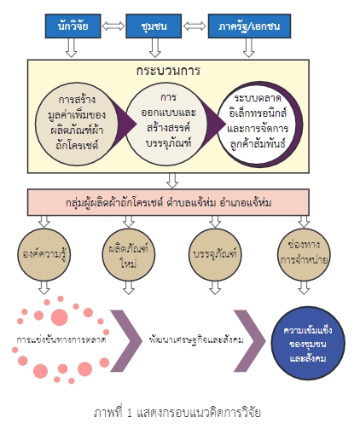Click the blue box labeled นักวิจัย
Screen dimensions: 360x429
pos(73,26)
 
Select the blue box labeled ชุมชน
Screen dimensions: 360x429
pos(154,26)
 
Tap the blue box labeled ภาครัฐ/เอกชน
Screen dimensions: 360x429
pos(249,26)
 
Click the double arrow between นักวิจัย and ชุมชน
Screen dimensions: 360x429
pos(113,26)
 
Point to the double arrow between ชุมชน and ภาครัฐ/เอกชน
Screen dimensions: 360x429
pos(195,26)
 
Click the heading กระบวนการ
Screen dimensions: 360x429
pos(168,71)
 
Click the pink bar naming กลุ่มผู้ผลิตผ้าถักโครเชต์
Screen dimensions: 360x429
pos(168,202)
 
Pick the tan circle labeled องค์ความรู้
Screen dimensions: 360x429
pos(44,254)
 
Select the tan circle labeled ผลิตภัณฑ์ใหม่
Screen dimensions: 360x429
pos(129,254)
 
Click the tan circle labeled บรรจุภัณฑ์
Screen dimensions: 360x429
pos(215,254)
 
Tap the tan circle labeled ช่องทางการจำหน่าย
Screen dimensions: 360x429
pos(304,254)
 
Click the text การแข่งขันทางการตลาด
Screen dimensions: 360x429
pos(61,339)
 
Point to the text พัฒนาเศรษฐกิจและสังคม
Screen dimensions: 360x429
pos(196,339)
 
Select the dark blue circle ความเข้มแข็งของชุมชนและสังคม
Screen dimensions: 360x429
pos(308,343)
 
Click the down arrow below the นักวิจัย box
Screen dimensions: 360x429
pos(72,48)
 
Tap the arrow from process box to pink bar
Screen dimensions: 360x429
pos(172,181)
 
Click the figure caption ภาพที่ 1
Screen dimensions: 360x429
pos(177,412)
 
